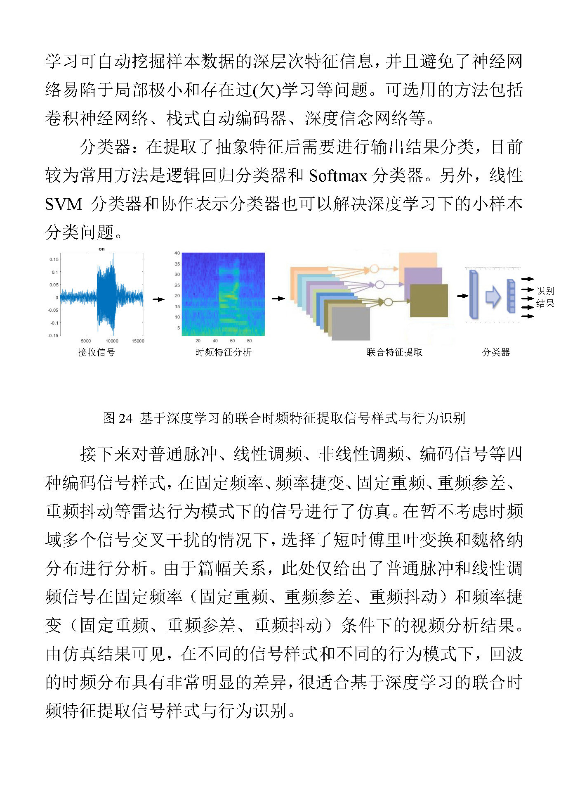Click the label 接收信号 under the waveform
(x=96, y=352)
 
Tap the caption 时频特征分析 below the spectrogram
(x=223, y=352)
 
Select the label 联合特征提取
(x=394, y=352)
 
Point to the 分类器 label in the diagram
(x=496, y=352)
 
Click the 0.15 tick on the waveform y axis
(x=54, y=259)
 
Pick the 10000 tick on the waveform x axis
(x=112, y=341)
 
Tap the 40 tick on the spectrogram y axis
(x=177, y=253)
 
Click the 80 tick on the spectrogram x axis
(x=249, y=341)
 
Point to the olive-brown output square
(x=429, y=301)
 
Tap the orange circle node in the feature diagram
(x=374, y=269)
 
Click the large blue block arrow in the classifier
(x=493, y=296)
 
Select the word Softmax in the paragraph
(x=338, y=176)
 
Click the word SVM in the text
(x=64, y=204)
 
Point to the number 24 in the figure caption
(x=125, y=418)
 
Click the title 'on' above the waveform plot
(x=101, y=249)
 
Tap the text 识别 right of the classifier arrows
(x=545, y=291)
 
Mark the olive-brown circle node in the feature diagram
(x=388, y=302)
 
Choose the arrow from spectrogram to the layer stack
(x=278, y=298)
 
